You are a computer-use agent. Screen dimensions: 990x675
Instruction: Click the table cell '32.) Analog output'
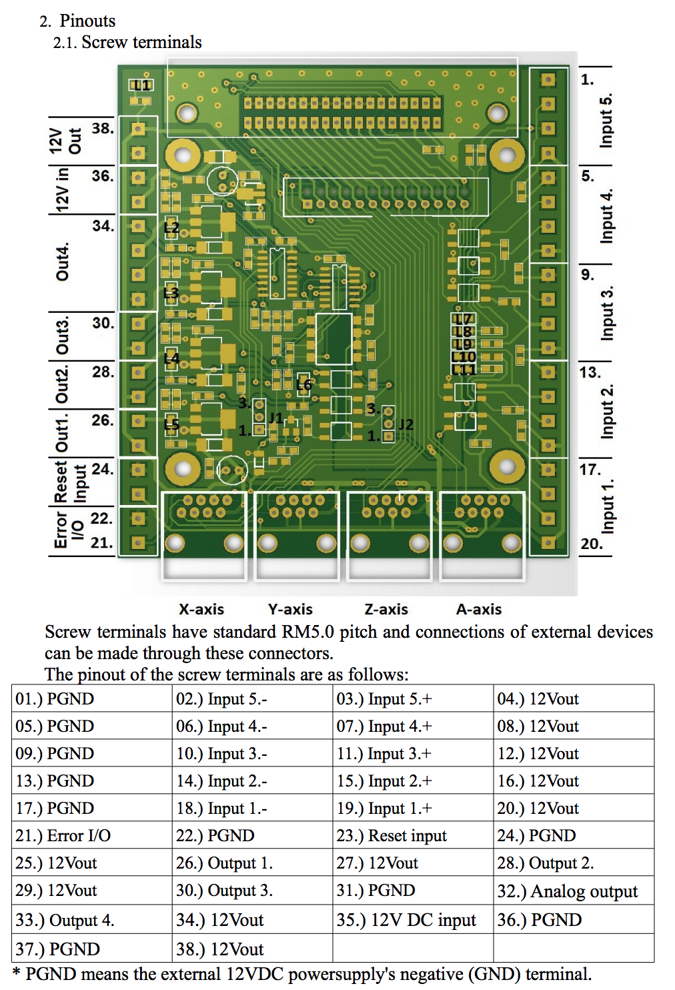pos(567,891)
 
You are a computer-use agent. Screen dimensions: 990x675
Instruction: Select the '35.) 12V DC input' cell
pos(406,920)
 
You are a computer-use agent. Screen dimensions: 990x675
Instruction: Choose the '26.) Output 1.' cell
pos(224,863)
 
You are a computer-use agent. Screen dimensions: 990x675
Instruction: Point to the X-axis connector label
pos(201,609)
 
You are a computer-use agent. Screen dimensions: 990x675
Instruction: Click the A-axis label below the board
pos(479,609)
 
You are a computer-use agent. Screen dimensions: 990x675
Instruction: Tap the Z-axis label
pos(386,609)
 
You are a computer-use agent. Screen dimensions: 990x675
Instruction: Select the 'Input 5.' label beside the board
pos(606,120)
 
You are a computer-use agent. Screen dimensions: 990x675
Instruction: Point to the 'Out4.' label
pos(62,262)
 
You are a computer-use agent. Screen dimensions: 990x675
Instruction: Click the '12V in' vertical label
pos(62,189)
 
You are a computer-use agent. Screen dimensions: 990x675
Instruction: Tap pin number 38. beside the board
pos(103,128)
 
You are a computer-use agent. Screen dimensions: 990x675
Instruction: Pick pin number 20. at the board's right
pos(591,544)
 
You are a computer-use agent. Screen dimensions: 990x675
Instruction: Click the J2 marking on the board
pos(406,424)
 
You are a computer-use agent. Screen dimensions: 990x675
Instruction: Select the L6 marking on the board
pos(303,385)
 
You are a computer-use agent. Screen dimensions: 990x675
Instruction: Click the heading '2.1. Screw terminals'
pos(127,42)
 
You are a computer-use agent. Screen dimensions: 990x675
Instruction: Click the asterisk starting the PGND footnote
pos(17,973)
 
